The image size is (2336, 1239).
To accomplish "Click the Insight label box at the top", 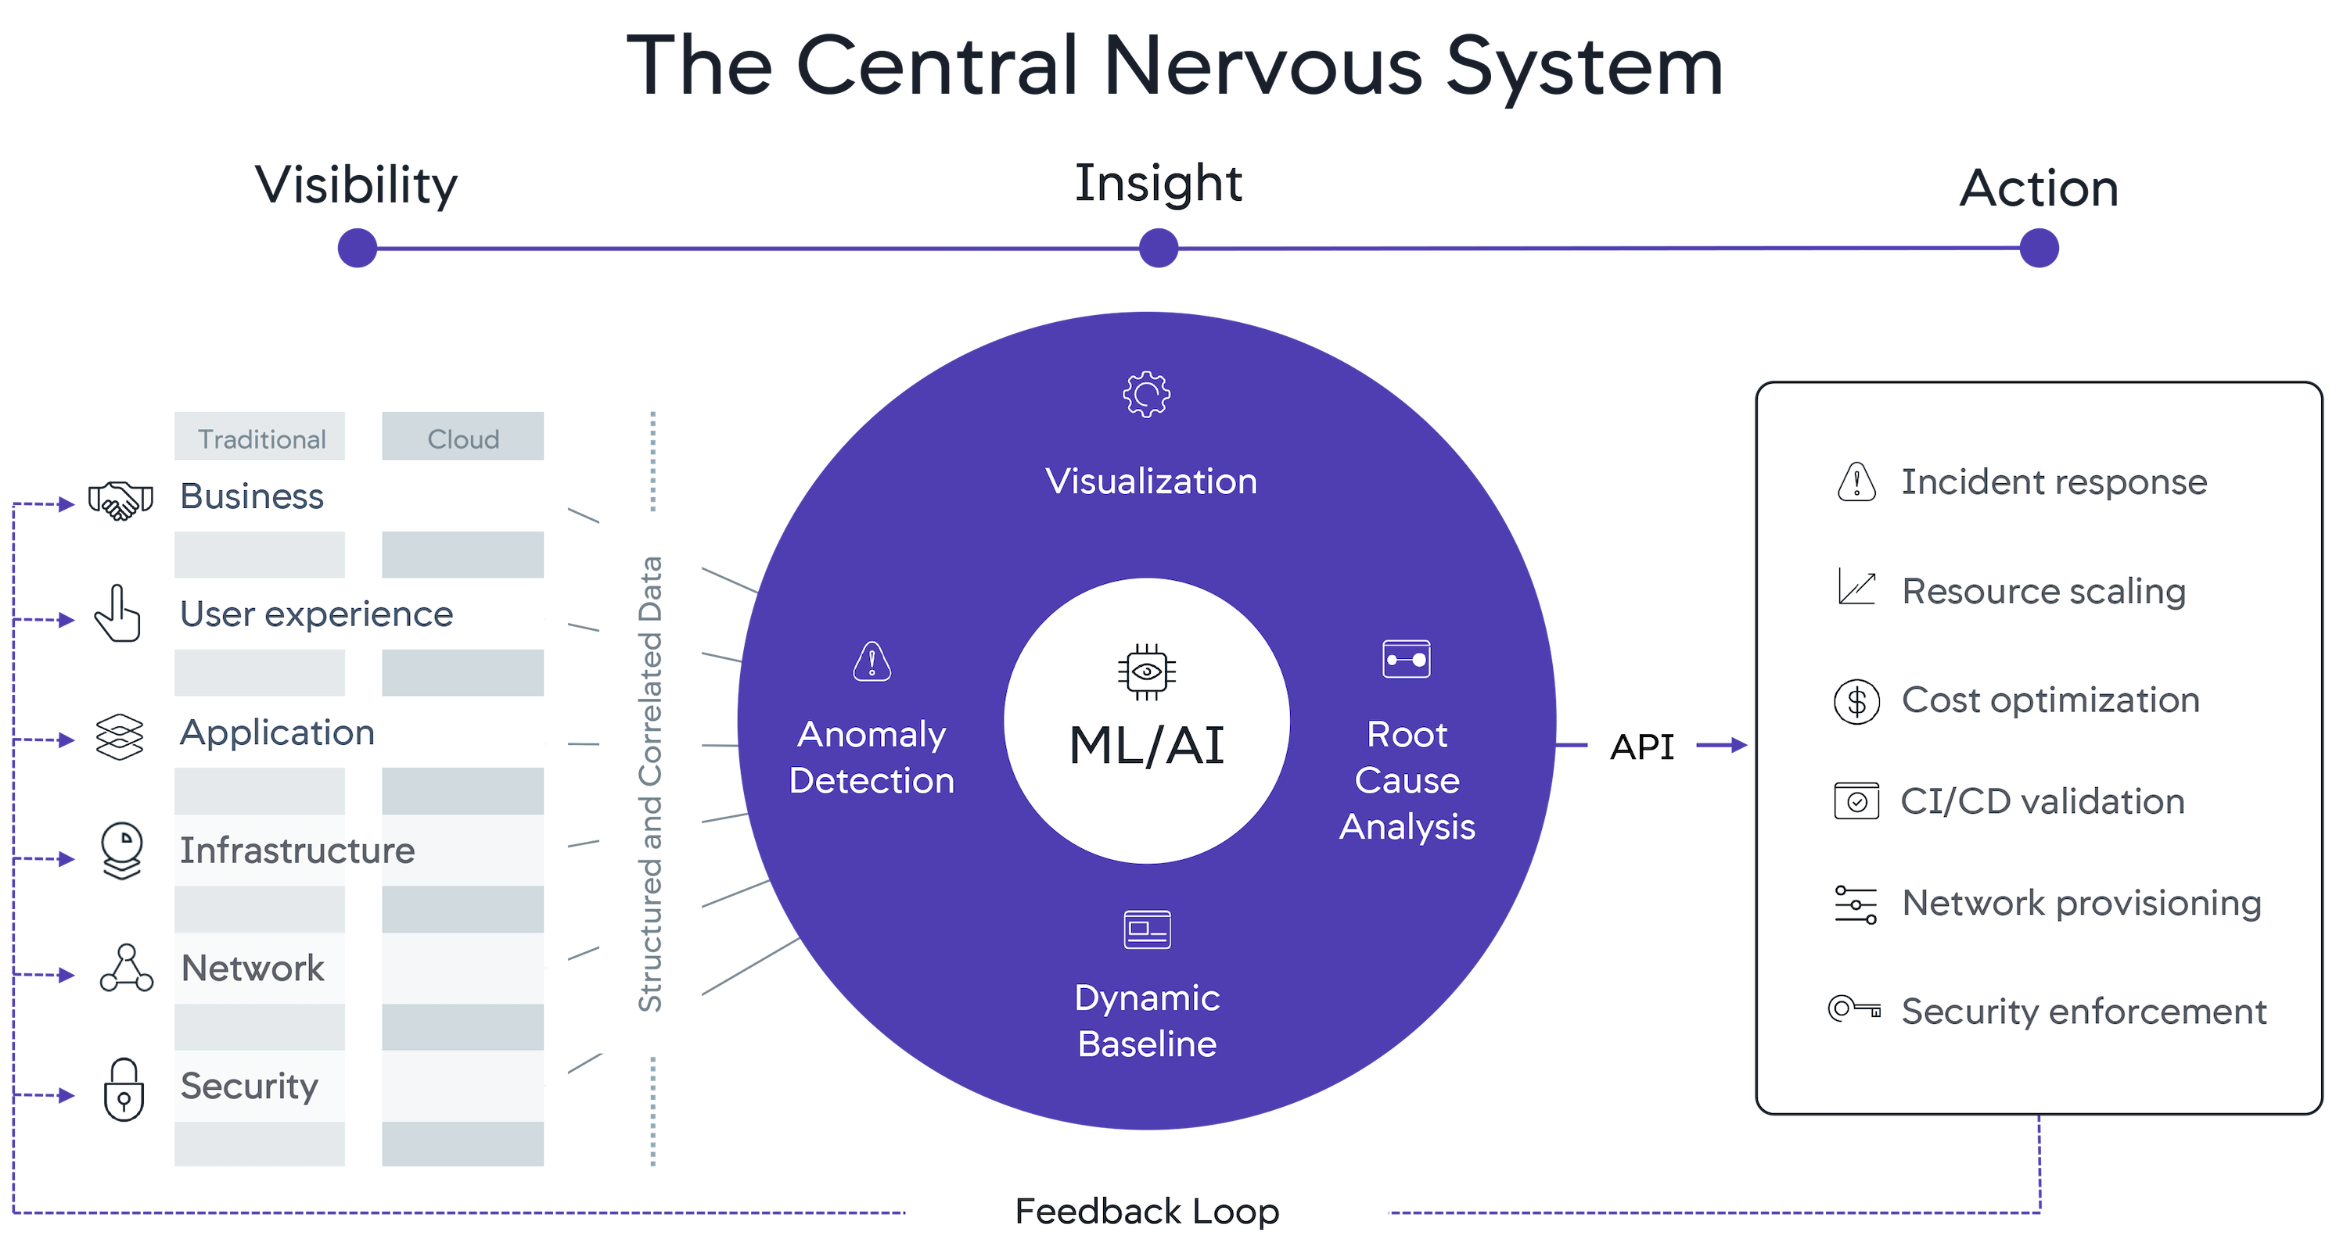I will coord(1158,184).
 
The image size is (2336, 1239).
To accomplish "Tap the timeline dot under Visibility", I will coord(358,248).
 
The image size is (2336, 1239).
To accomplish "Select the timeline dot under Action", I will coord(2040,248).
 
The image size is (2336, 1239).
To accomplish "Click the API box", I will coord(1641,747).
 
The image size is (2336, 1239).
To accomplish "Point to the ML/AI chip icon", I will coord(1146,671).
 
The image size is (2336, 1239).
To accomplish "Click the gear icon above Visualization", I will coord(1146,394).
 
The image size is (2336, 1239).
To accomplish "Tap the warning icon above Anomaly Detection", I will coord(872,661).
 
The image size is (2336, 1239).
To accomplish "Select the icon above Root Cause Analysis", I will coord(1407,659).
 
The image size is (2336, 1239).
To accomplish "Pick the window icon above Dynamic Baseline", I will coord(1147,929).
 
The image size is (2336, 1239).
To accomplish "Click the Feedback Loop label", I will coord(1146,1211).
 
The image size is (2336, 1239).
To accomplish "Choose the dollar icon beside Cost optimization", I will coord(1856,701).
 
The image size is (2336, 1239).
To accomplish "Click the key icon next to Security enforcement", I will coord(1854,1008).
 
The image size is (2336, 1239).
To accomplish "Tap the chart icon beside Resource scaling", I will coord(1856,587).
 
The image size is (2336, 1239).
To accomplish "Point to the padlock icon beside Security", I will coord(124,1090).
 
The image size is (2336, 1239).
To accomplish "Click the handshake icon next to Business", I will coord(120,500).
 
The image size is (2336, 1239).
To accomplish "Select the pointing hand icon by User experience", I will coord(119,614).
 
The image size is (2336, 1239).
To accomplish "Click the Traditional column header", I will coord(261,439).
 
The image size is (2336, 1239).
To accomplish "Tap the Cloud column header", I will coord(463,439).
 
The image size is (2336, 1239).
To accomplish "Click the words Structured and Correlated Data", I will coord(650,784).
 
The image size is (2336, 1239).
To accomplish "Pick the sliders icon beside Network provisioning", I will coord(1856,904).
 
